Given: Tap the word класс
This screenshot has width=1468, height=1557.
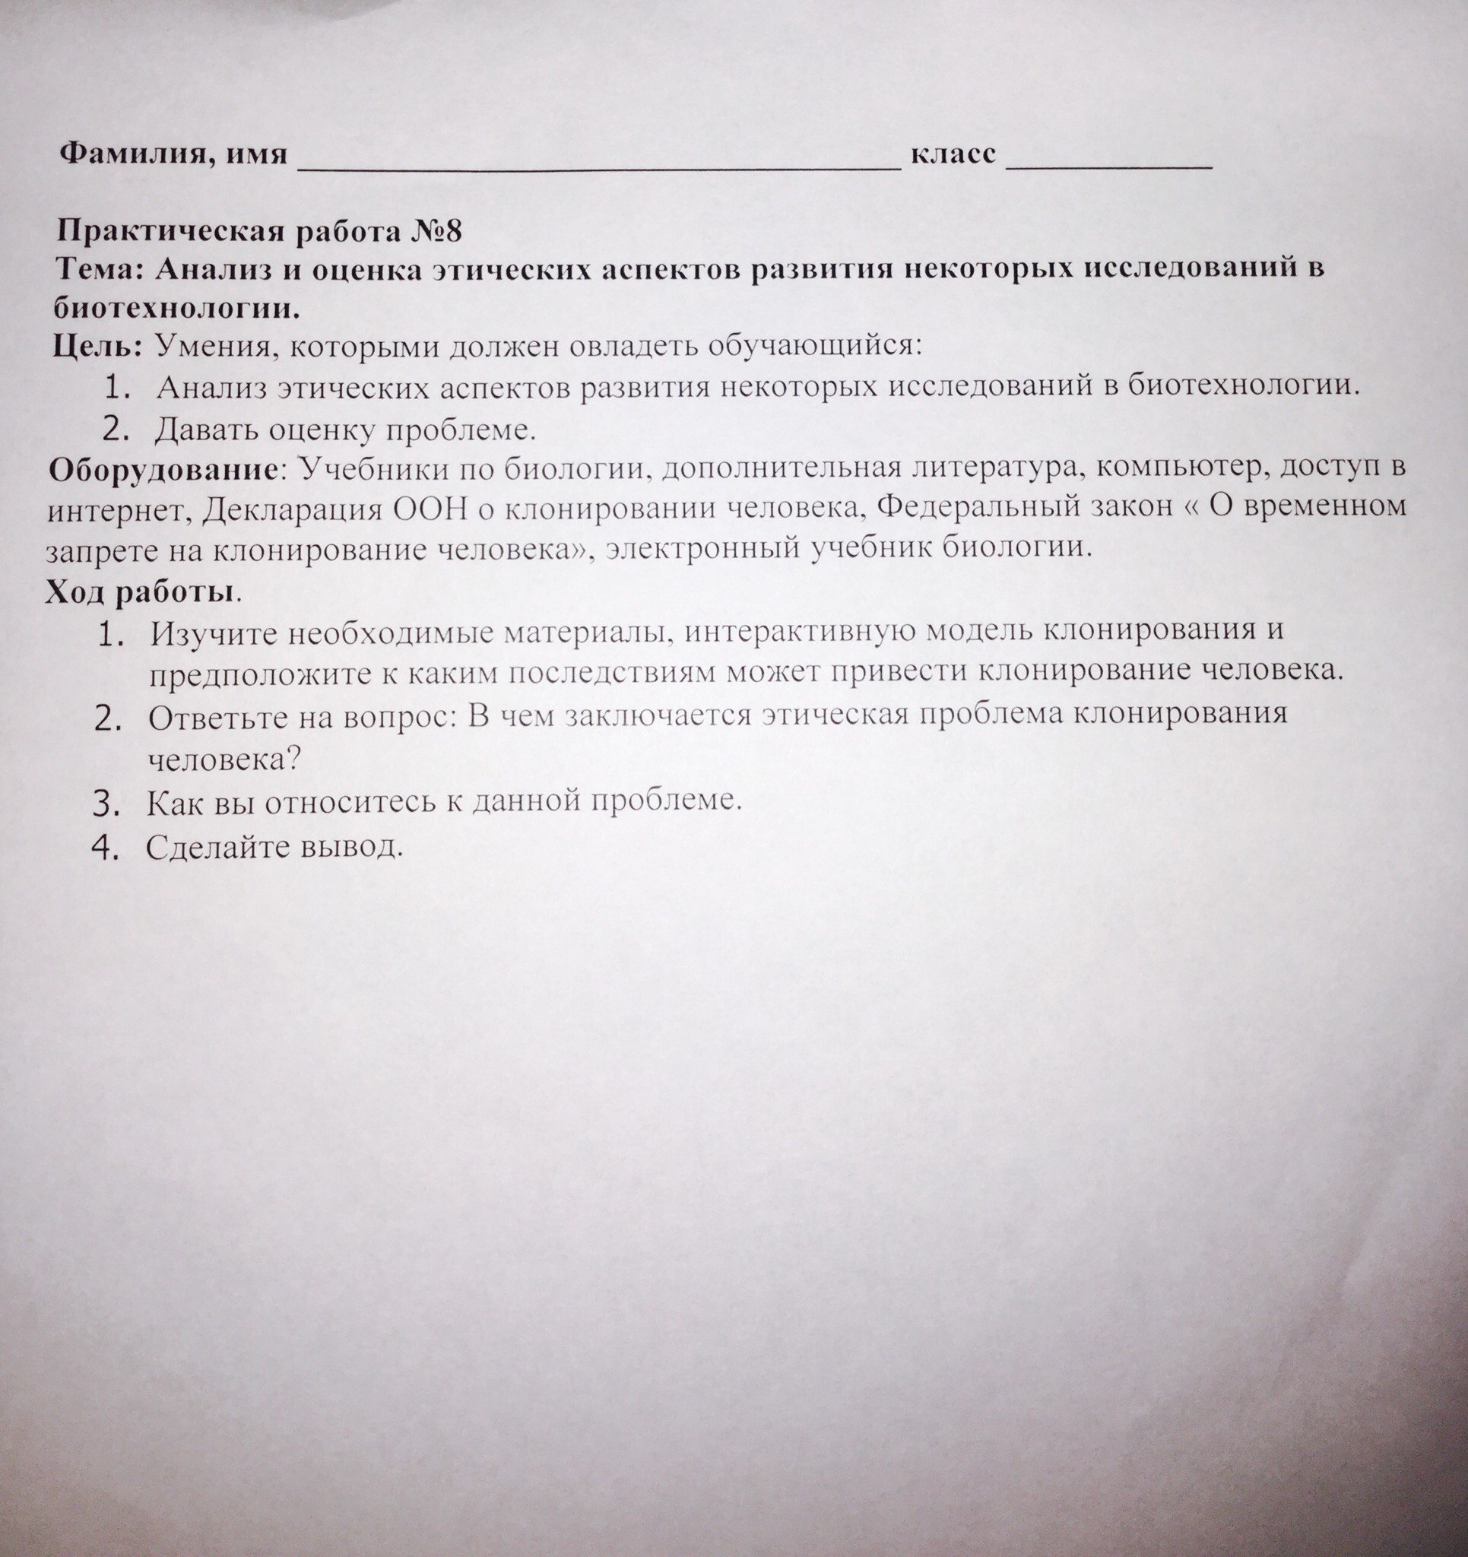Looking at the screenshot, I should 953,153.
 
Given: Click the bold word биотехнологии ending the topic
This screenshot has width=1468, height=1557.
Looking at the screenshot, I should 177,307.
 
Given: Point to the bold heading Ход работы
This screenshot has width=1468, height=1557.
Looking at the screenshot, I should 139,592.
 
